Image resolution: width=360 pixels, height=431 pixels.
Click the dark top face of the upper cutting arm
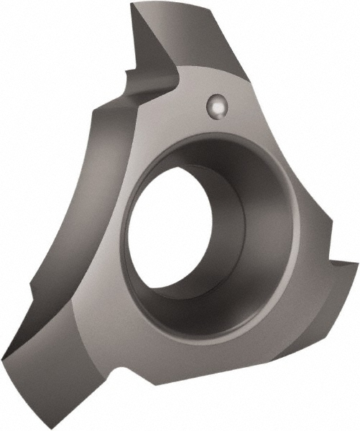click(180, 36)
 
